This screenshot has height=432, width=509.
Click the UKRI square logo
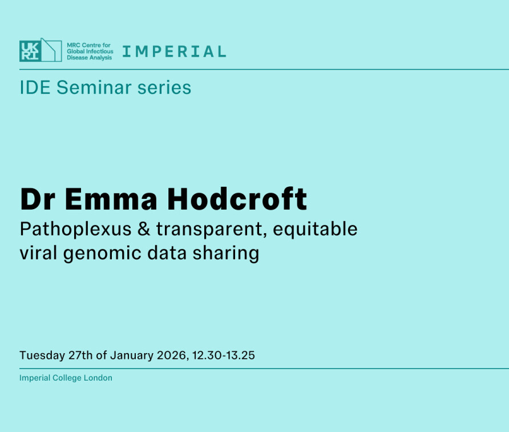pyautogui.click(x=30, y=51)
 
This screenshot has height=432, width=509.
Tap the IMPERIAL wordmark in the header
pyautogui.click(x=174, y=51)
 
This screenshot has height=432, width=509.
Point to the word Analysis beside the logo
pyautogui.click(x=100, y=58)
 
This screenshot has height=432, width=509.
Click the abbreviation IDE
pyautogui.click(x=35, y=87)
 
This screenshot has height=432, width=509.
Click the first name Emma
pyautogui.click(x=111, y=199)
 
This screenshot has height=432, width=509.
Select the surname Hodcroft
pyautogui.click(x=237, y=199)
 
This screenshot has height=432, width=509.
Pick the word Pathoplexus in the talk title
pyautogui.click(x=76, y=229)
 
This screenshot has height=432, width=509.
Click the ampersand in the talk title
pyautogui.click(x=144, y=229)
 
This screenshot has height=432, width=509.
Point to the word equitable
pyautogui.click(x=315, y=229)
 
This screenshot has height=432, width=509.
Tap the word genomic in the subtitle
pyautogui.click(x=102, y=254)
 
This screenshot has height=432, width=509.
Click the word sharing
pyautogui.click(x=226, y=253)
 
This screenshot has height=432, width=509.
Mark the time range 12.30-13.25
pyautogui.click(x=223, y=355)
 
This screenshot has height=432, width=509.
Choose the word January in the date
pyautogui.click(x=131, y=355)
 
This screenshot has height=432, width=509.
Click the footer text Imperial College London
pyautogui.click(x=66, y=378)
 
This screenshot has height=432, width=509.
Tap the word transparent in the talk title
pyautogui.click(x=211, y=229)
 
